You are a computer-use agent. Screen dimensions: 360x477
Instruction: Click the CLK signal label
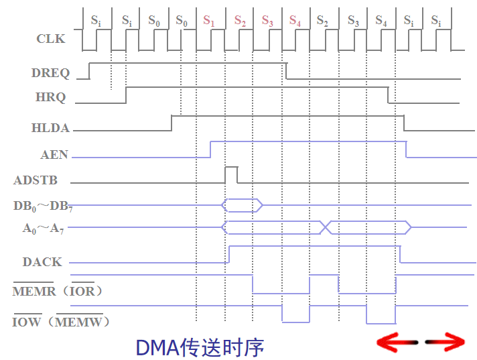(x=50, y=39)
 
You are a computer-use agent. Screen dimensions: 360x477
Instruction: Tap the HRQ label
(x=50, y=97)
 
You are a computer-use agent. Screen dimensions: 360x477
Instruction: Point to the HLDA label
(x=50, y=127)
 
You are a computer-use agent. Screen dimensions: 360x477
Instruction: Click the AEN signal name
(x=54, y=155)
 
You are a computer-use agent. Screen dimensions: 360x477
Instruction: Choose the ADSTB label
(x=36, y=180)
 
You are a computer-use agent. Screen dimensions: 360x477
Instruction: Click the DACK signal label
(x=42, y=262)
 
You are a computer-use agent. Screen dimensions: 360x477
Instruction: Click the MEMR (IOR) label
(x=58, y=292)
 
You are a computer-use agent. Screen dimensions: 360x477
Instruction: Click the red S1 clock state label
(x=209, y=20)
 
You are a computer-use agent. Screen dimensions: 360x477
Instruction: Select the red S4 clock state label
(x=295, y=20)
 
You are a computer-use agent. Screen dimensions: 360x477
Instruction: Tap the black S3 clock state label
(x=353, y=20)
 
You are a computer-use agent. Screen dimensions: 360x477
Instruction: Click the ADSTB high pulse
(x=230, y=174)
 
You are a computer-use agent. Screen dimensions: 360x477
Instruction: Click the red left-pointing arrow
(x=397, y=343)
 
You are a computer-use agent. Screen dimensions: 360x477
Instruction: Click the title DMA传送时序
(x=200, y=347)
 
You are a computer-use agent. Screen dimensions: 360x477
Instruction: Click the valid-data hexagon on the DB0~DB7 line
(x=242, y=205)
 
